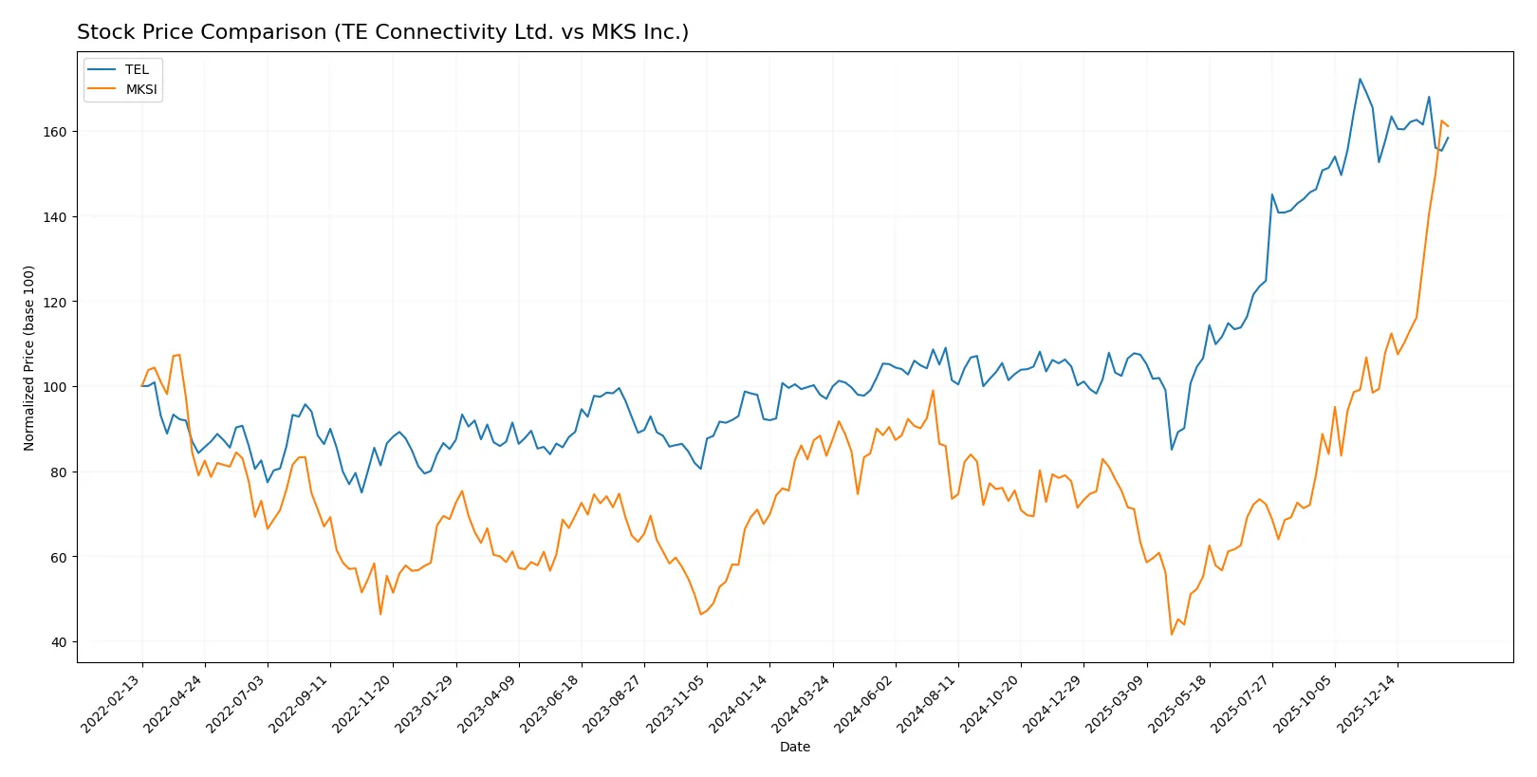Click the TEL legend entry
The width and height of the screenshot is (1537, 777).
point(137,69)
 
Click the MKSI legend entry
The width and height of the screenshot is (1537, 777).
point(141,89)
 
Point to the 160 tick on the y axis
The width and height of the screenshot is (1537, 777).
point(55,132)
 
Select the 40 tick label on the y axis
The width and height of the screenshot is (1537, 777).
point(59,642)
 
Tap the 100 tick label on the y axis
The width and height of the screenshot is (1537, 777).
point(55,387)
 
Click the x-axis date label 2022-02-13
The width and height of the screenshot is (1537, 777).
point(112,703)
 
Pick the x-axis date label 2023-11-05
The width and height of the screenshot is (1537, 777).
point(676,703)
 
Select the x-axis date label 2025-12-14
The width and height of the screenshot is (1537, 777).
point(1367,703)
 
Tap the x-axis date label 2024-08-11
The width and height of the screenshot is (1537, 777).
point(928,703)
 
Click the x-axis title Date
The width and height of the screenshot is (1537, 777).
point(794,747)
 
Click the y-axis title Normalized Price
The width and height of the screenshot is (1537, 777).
point(29,358)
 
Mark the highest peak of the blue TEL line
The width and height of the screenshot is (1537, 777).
point(1360,79)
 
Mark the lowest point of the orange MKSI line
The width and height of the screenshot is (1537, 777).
point(1172,635)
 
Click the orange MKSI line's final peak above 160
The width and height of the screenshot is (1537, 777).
point(1441,121)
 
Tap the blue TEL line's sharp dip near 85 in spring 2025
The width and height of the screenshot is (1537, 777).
point(1172,450)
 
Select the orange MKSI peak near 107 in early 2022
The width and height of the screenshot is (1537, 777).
point(178,355)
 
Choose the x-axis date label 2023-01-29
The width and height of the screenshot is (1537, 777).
point(425,703)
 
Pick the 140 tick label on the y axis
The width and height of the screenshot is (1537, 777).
point(55,217)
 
